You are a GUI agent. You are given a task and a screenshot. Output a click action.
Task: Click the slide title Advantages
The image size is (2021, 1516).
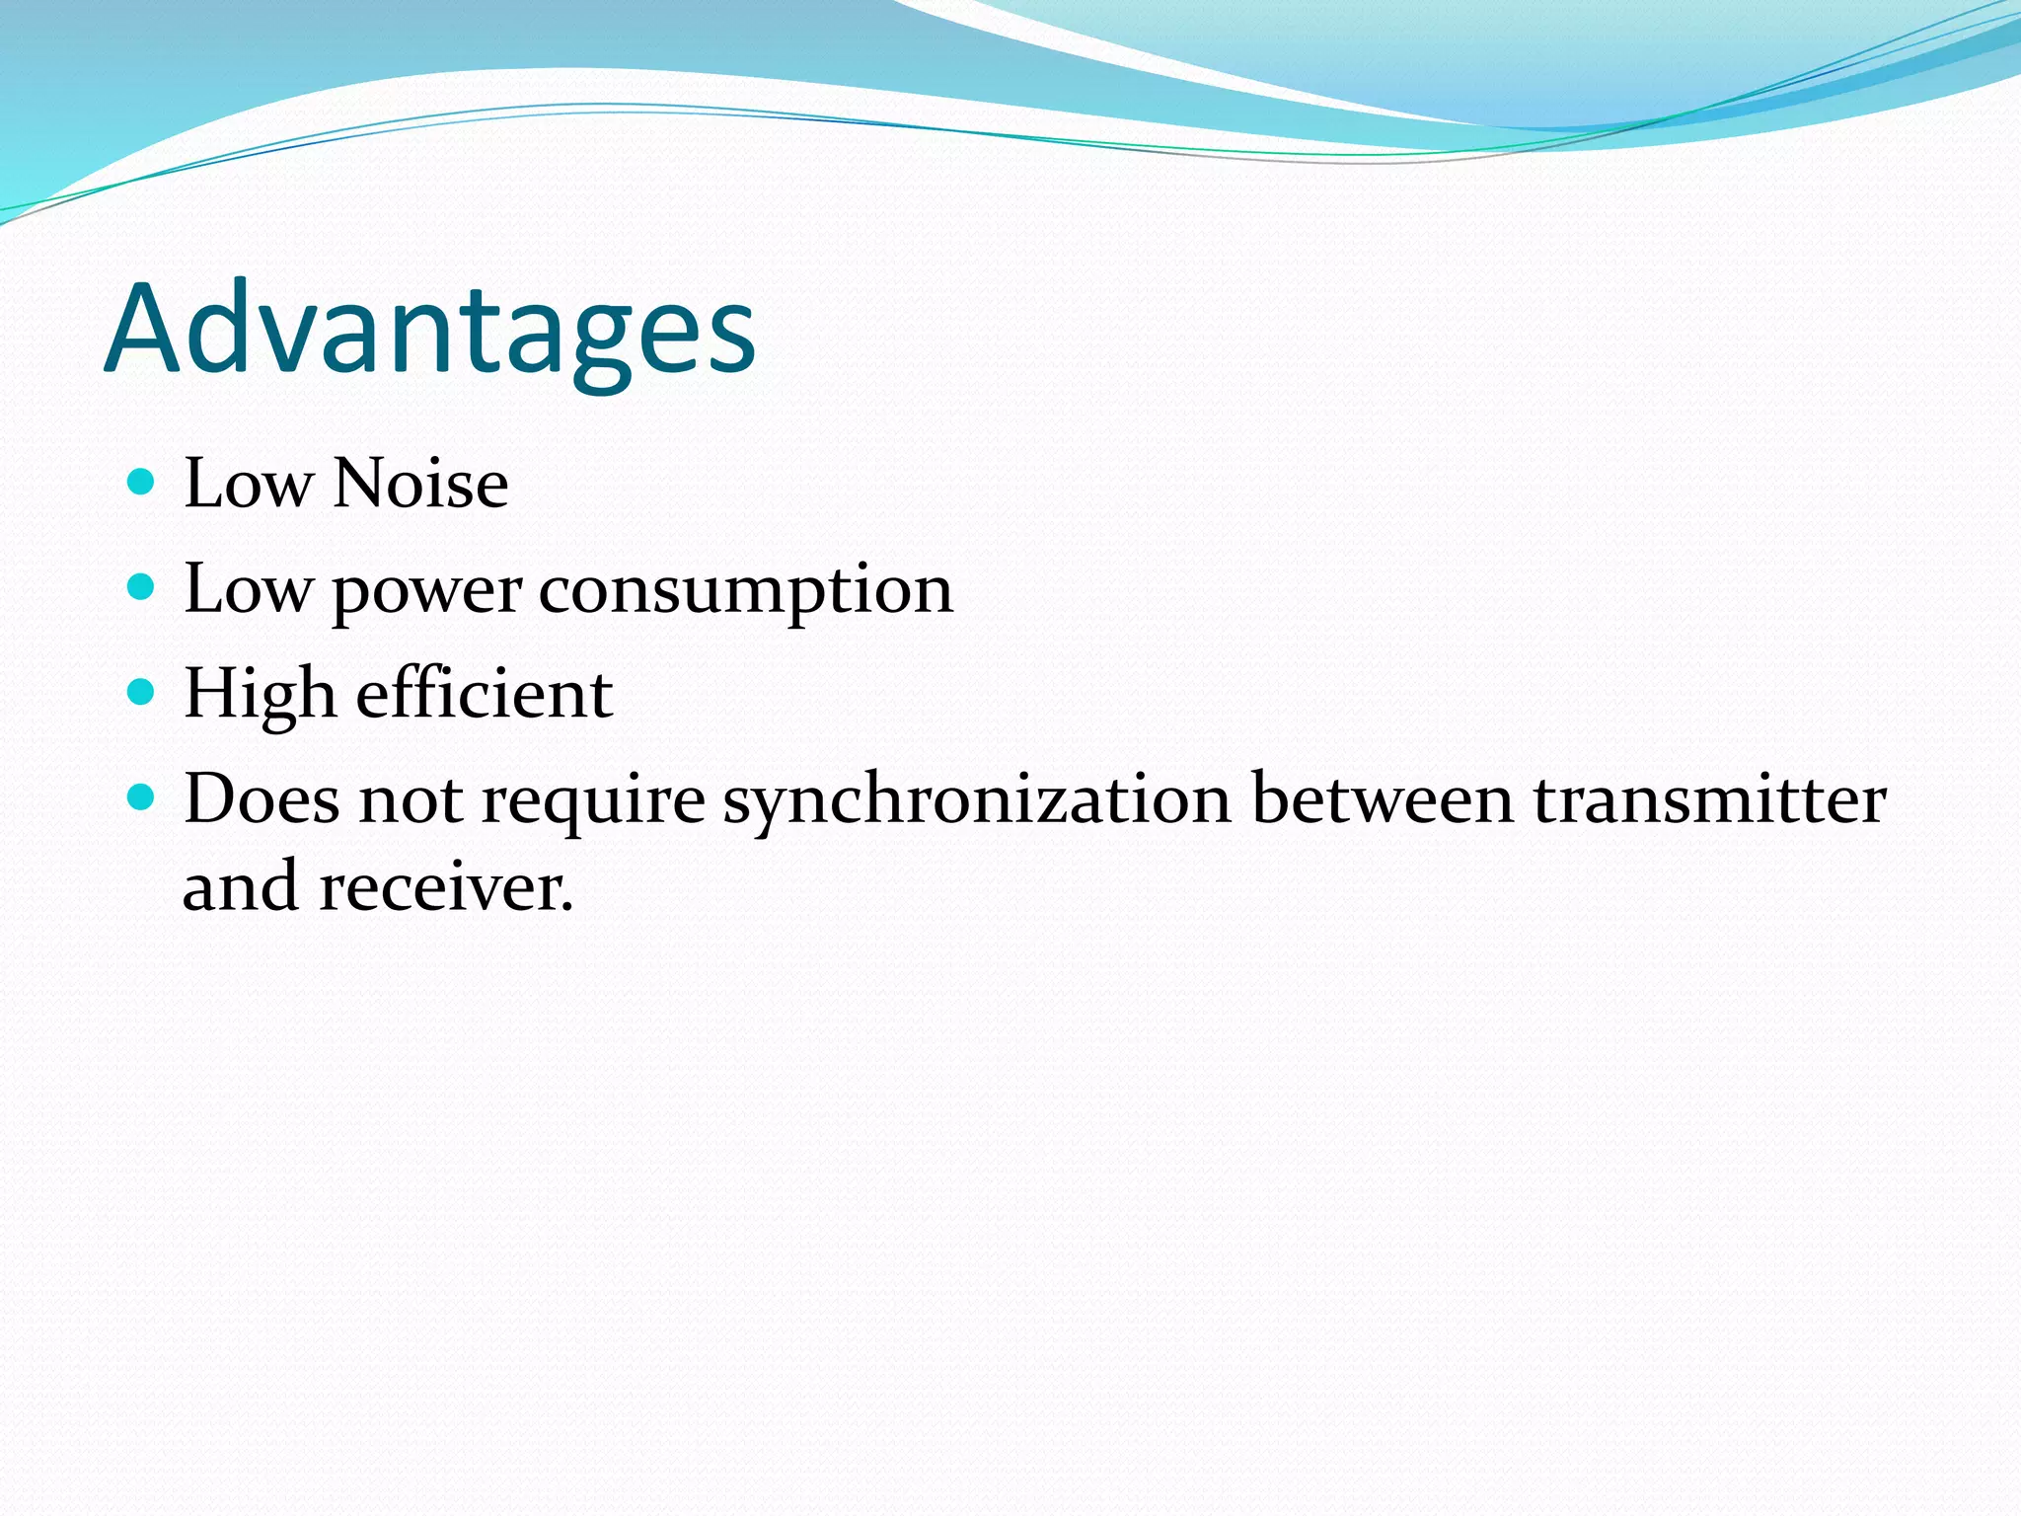click(430, 331)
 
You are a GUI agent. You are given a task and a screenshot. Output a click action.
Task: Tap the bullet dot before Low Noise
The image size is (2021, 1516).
click(142, 483)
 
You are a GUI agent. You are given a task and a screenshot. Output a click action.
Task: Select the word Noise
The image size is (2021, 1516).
click(421, 485)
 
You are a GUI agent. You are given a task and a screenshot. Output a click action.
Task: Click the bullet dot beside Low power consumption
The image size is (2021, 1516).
click(142, 588)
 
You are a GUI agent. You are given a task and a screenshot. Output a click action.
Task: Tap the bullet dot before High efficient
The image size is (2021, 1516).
click(142, 693)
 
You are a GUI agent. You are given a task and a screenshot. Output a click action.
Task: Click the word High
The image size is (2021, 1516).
click(260, 695)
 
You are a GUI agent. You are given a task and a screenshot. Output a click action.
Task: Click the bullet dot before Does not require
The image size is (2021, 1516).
click(142, 797)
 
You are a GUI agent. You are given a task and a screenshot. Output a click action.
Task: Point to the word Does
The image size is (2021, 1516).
click(262, 799)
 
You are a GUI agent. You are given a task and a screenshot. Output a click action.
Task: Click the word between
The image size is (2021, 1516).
click(1382, 799)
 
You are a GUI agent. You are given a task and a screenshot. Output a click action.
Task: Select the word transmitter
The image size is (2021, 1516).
click(1709, 799)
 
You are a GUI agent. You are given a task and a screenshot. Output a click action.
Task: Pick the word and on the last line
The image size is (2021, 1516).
click(241, 886)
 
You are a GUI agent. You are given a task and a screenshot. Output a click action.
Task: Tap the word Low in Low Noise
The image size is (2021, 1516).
click(248, 485)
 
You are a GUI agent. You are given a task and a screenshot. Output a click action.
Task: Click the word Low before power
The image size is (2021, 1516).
click(248, 590)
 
